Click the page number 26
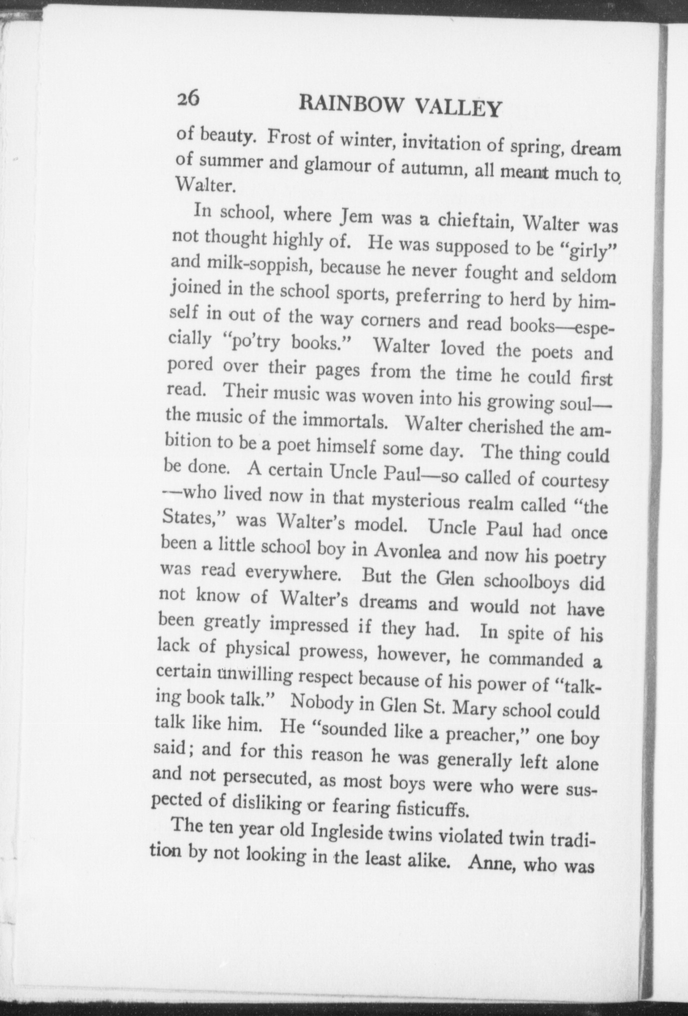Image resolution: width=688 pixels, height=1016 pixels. [x=188, y=97]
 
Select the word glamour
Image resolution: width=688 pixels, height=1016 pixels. [x=337, y=166]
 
